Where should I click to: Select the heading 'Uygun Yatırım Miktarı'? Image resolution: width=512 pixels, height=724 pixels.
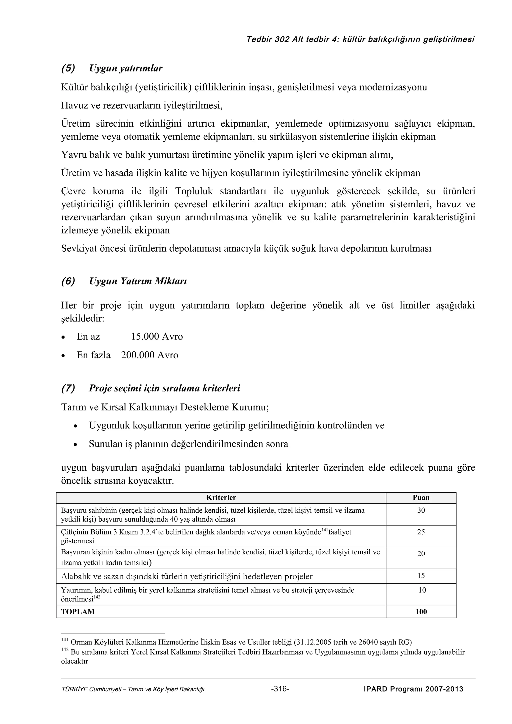138,281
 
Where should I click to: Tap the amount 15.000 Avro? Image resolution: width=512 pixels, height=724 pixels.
157,337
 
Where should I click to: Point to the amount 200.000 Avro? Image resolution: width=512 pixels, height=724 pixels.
149,355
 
